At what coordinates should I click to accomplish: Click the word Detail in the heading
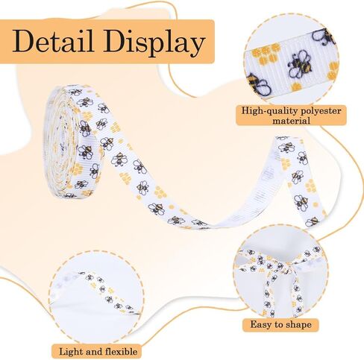[x=53, y=40]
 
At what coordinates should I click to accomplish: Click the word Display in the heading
[x=154, y=42]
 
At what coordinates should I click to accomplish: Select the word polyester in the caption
[x=321, y=111]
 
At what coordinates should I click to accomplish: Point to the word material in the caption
[x=291, y=121]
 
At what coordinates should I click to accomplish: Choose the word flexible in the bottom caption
[x=121, y=352]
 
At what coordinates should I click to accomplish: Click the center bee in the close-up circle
[x=300, y=64]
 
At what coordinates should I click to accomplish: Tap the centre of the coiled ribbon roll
[x=58, y=141]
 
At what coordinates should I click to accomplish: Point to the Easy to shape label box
[x=280, y=325]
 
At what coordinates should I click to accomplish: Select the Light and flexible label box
[x=97, y=352]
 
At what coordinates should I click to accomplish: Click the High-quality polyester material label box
[x=291, y=116]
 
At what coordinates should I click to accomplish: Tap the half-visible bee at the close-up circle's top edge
[x=324, y=37]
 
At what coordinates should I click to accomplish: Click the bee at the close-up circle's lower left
[x=258, y=84]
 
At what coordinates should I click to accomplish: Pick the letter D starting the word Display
[x=114, y=40]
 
